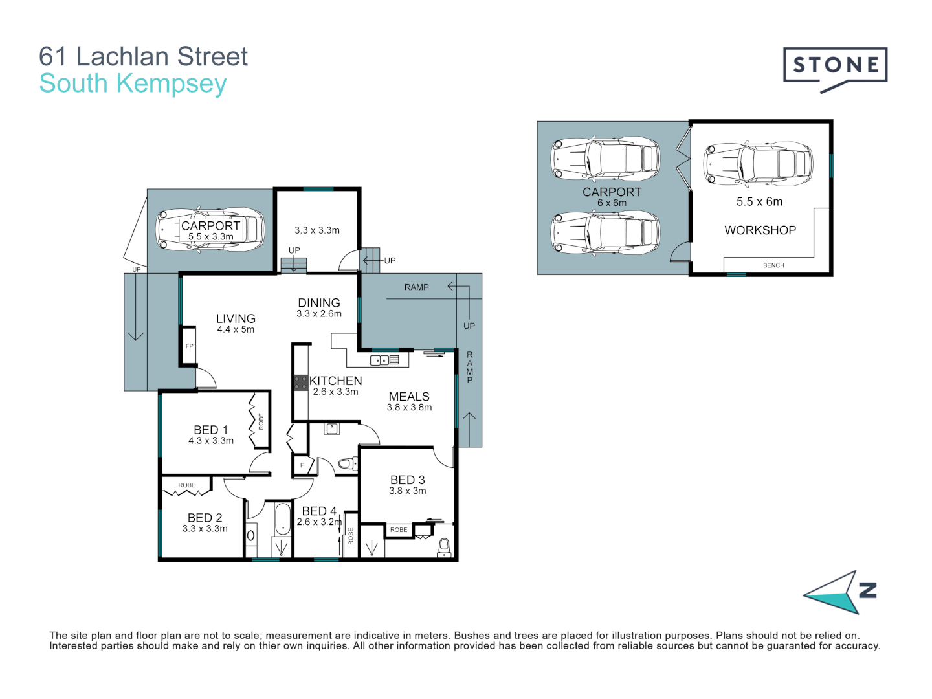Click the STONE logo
point(835,66)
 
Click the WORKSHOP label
point(760,230)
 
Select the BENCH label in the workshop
point(773,265)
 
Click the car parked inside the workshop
point(757,163)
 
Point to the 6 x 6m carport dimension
point(612,203)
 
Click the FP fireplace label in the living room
point(190,346)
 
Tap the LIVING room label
point(236,318)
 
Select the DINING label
point(319,303)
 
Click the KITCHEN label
point(336,381)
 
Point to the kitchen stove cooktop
point(300,383)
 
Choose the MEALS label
point(409,397)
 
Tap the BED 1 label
point(211,430)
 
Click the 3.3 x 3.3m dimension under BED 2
point(205,529)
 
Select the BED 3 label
point(408,480)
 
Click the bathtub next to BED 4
point(283,519)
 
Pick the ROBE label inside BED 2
point(187,485)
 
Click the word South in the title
point(73,83)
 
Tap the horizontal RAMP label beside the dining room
point(417,287)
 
